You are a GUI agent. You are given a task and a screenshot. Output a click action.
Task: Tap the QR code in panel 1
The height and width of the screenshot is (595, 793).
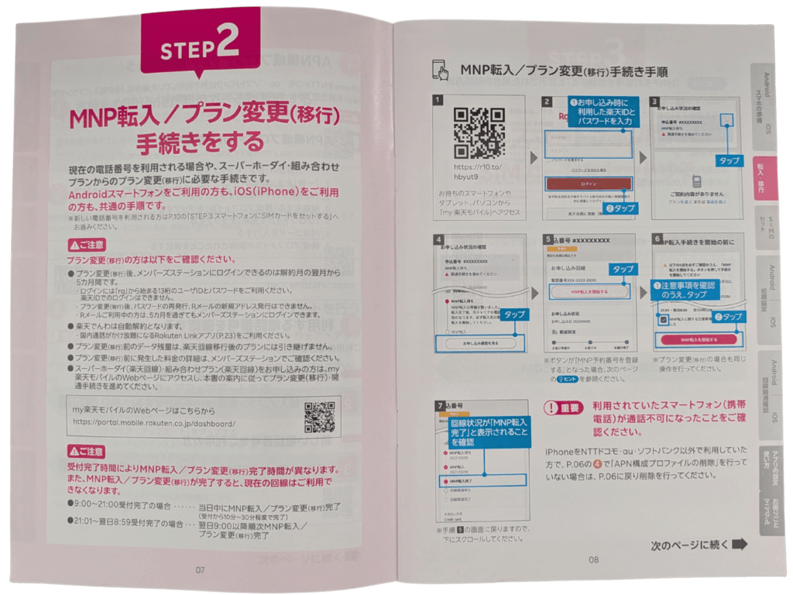tap(478, 132)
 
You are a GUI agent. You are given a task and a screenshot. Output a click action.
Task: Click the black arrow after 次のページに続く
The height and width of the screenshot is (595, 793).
tap(740, 545)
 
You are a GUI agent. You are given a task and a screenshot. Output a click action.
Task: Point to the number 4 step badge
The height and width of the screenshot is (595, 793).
tap(439, 239)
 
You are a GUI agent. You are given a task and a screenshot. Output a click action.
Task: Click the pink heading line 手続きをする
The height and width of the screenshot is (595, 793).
tap(200, 143)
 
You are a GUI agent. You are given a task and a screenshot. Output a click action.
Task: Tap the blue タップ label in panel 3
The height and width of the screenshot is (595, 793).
tap(729, 160)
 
